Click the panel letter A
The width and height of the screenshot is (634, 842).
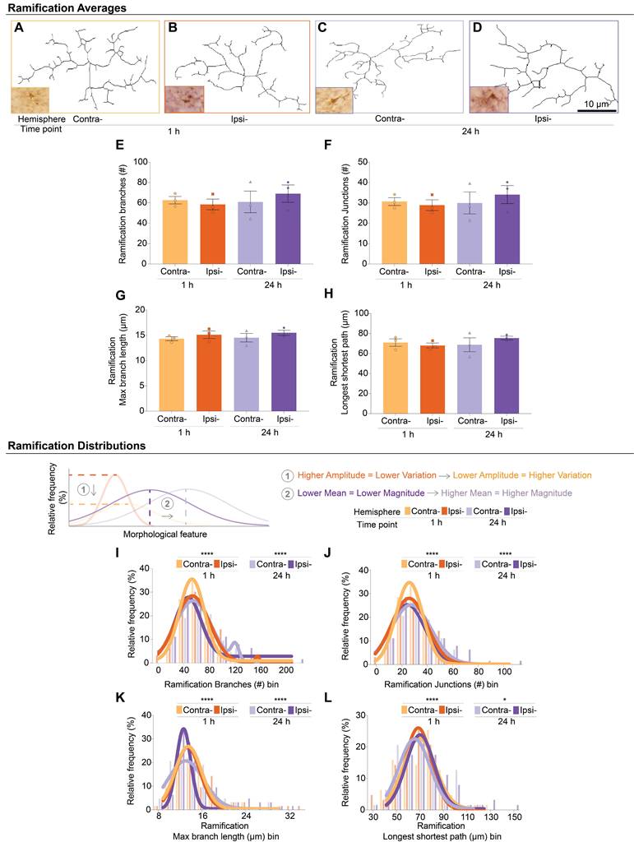(19, 28)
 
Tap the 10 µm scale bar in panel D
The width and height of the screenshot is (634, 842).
(596, 111)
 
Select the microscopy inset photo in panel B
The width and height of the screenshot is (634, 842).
(184, 99)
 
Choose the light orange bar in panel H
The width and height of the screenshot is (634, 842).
(395, 378)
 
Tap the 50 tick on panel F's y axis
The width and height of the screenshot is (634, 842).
(363, 162)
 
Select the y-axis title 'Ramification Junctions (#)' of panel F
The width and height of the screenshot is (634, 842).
(345, 212)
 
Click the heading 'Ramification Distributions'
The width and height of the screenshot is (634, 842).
(76, 446)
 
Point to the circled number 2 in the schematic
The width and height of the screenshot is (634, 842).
(168, 504)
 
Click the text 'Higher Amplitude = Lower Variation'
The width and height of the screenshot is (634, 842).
(367, 475)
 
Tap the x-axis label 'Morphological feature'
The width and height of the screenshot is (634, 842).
(164, 534)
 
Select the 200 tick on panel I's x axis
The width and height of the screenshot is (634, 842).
(286, 671)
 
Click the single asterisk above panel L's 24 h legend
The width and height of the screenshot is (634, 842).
(505, 701)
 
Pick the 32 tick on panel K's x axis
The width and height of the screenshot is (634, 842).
(290, 817)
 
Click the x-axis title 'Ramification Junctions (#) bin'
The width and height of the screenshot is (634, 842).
(441, 685)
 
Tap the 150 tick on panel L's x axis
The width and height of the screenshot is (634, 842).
(515, 817)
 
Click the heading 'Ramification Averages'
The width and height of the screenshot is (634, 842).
(67, 7)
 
